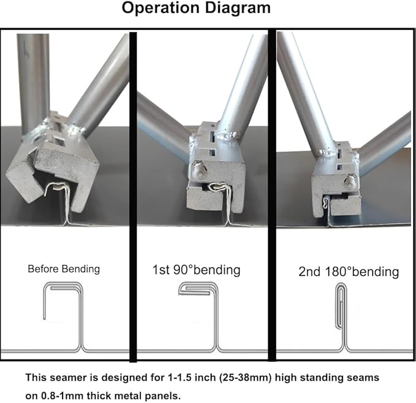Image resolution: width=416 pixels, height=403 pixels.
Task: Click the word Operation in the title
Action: [x=161, y=8]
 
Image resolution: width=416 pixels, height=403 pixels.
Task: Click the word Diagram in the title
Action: [x=238, y=9]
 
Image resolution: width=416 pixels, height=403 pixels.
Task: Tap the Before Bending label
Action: [x=64, y=269]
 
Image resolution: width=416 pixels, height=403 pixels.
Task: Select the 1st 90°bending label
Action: [x=196, y=270]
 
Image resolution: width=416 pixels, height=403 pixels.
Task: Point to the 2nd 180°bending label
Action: [x=349, y=272]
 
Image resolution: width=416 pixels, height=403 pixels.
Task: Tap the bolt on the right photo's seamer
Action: [x=350, y=181]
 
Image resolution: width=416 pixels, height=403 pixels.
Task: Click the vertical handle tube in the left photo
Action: [x=33, y=82]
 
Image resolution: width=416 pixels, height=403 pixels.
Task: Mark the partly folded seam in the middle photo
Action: [x=217, y=186]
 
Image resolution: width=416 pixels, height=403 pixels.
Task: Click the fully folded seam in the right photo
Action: [x=326, y=202]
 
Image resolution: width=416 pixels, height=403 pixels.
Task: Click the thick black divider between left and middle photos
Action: [x=133, y=196]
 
